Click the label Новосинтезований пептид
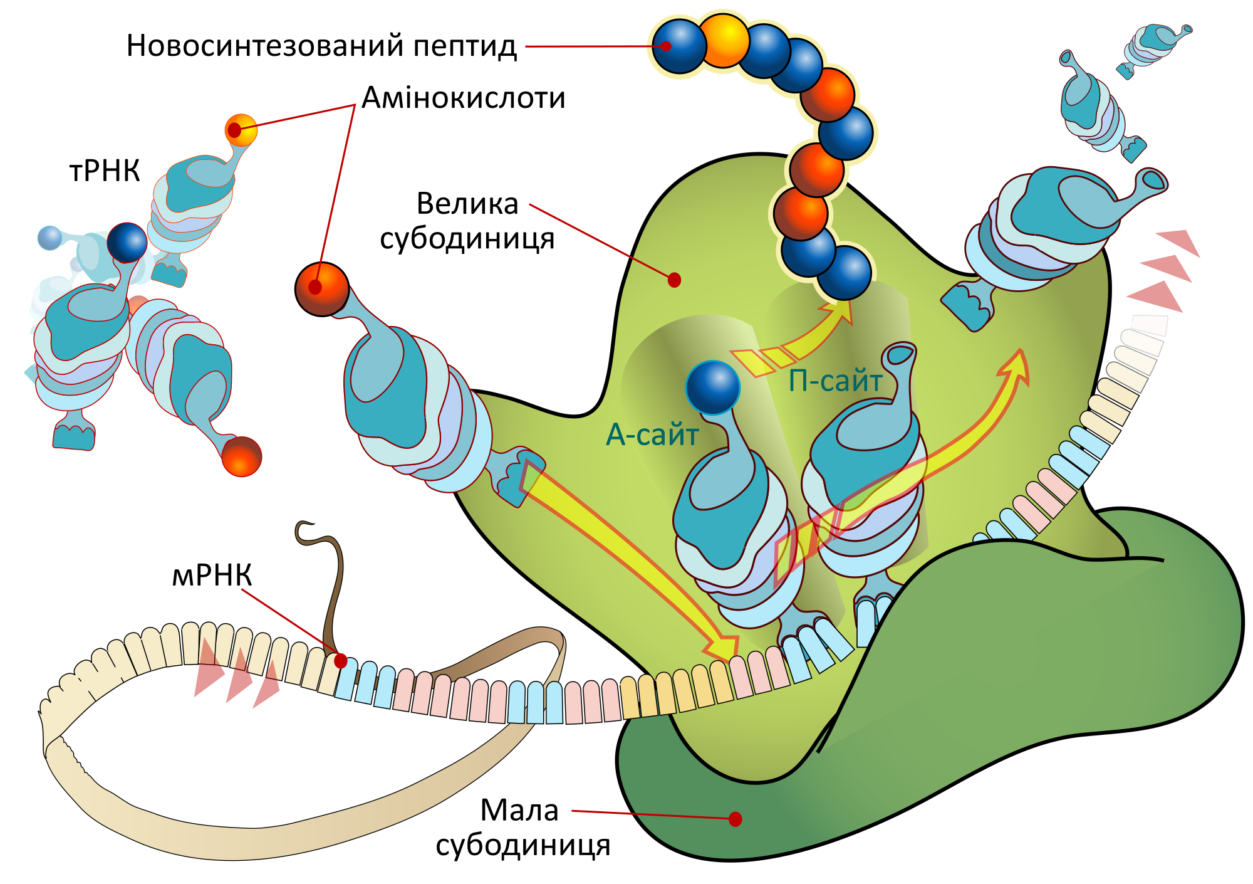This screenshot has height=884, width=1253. tap(321, 46)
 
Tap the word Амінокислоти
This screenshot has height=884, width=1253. tap(464, 98)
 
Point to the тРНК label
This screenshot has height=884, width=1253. tap(104, 171)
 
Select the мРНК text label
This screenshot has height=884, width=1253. tap(212, 575)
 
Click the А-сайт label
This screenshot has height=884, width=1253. tap(652, 434)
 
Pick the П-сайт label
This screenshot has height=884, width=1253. tap(835, 381)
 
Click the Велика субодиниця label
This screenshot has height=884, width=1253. tap(467, 221)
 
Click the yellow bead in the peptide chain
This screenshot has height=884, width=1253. tap(723, 41)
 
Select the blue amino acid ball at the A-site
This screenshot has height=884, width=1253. tap(713, 387)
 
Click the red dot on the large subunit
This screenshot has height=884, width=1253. tap(674, 280)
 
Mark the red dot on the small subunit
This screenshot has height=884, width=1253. tap(736, 819)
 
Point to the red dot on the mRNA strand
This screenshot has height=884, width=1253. tap(341, 661)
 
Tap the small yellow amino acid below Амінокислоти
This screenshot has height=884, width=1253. tap(241, 130)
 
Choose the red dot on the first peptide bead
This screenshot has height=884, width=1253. tap(667, 46)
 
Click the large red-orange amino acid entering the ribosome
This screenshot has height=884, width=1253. tap(321, 289)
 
